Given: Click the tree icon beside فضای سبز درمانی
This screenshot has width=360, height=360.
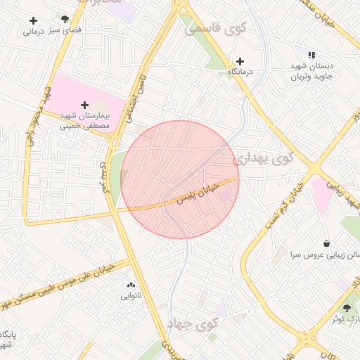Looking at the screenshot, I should (65, 20).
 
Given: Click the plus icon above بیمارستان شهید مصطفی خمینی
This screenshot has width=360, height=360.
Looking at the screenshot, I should (85, 105).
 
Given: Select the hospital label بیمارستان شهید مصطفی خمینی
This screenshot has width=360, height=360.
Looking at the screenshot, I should (86, 121).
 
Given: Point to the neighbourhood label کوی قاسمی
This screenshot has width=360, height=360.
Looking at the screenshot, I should (216, 29).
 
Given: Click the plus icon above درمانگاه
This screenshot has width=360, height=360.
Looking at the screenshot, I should (240, 61).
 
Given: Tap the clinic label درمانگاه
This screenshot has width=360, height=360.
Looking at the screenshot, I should (240, 72).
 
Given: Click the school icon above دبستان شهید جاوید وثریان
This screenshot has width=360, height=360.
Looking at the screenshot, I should (311, 55).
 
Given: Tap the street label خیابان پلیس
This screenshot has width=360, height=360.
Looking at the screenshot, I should (210, 190).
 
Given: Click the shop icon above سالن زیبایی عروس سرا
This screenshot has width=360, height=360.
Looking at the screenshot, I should (327, 243).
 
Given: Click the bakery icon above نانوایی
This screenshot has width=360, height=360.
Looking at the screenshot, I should (131, 285).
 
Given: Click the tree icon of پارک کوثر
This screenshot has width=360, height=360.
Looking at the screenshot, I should (346, 308).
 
